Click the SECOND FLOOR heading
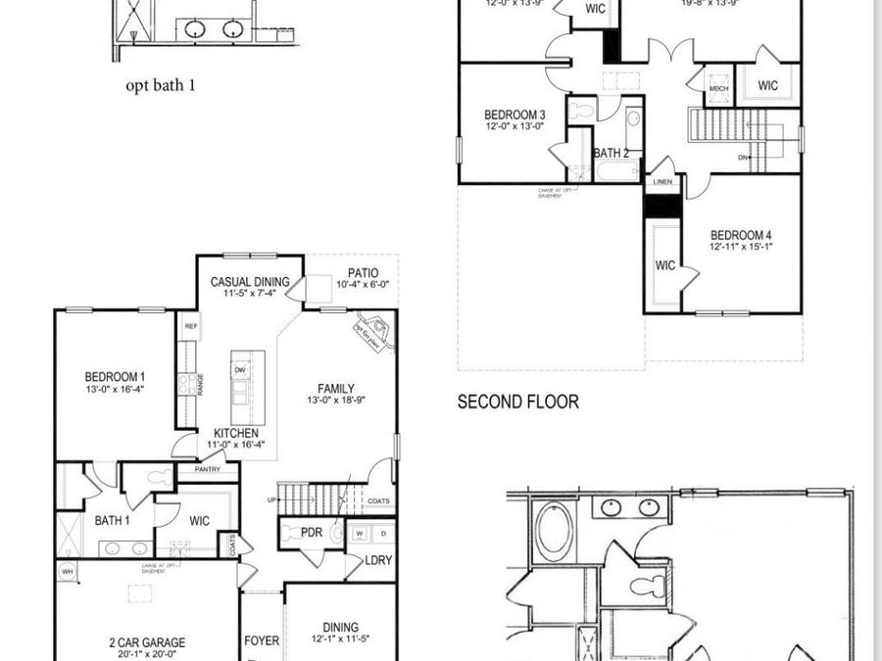[517, 401]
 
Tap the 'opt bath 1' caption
[161, 85]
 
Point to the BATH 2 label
[611, 153]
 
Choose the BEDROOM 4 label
[742, 235]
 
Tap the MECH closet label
[719, 89]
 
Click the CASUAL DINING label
[250, 282]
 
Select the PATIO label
[363, 273]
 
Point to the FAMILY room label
[336, 388]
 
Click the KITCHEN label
[236, 433]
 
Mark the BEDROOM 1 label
[115, 376]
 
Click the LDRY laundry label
[377, 560]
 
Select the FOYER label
[262, 641]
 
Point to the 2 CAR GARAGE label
[147, 643]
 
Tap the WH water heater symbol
[68, 571]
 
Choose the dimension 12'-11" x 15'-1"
[742, 248]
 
